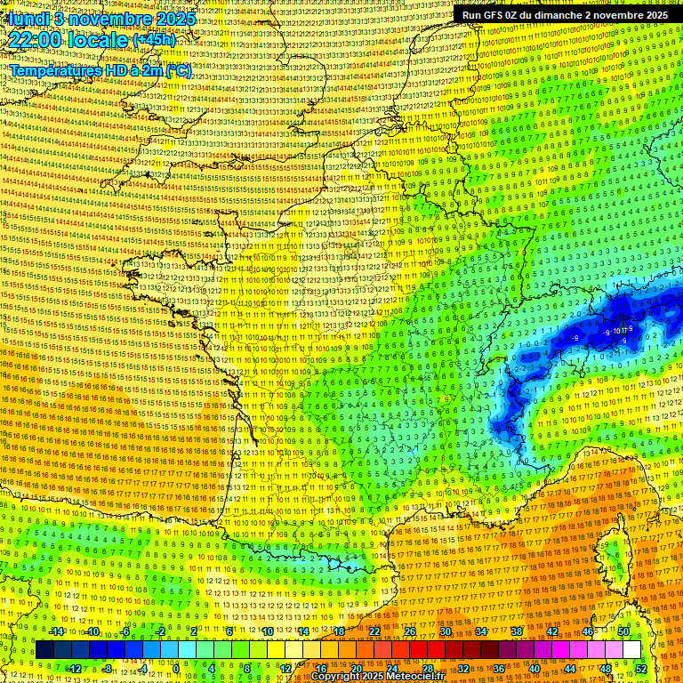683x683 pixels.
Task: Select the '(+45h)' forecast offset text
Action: click(154, 40)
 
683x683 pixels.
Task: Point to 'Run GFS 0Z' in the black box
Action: click(491, 15)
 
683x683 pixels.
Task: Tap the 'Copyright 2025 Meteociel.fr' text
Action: click(377, 676)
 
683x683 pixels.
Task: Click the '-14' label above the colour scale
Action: click(56, 631)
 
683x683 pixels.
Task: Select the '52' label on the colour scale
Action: click(641, 669)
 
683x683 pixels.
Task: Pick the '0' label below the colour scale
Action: click(177, 669)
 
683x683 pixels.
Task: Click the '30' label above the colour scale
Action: click(445, 631)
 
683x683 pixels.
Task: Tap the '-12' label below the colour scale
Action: click(74, 669)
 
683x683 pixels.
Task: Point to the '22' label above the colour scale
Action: click(374, 631)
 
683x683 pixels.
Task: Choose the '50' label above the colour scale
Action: click(623, 631)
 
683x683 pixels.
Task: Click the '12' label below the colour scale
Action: click(285, 669)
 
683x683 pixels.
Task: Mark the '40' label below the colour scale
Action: click(534, 669)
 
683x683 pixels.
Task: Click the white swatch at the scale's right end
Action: click(631, 650)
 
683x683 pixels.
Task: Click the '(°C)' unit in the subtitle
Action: click(177, 71)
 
